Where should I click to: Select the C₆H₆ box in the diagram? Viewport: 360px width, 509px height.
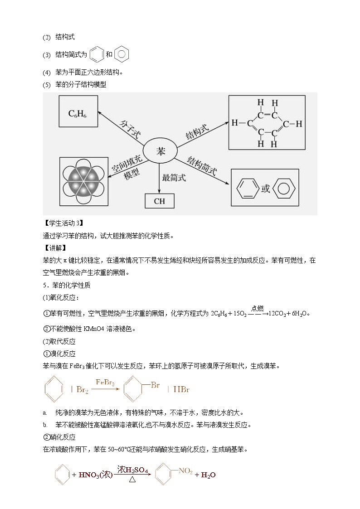tap(77, 113)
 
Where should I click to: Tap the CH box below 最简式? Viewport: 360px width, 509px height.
tap(160, 201)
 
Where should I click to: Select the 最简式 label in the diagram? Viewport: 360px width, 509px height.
tap(174, 178)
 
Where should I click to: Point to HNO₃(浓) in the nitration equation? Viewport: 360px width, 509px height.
tap(95, 475)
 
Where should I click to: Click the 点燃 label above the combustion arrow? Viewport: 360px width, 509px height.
tap(258, 308)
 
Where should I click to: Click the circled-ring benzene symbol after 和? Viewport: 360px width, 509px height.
tap(122, 54)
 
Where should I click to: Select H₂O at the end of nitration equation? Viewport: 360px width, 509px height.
tap(208, 475)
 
